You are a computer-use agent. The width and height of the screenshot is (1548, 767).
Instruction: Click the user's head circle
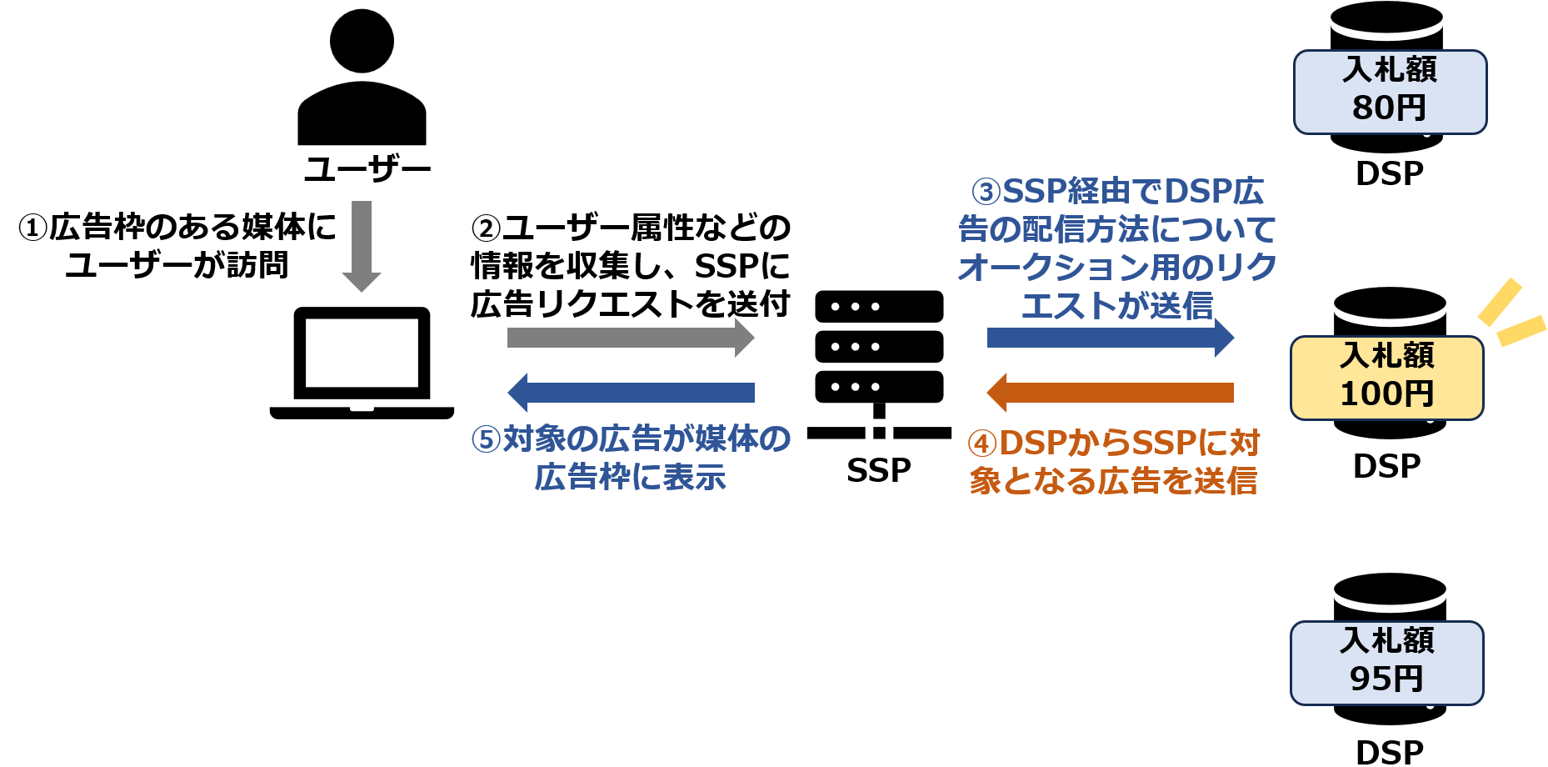pos(362,41)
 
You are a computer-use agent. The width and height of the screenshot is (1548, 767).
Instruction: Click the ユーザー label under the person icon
pos(367,169)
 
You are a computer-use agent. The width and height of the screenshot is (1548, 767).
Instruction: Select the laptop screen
pos(362,352)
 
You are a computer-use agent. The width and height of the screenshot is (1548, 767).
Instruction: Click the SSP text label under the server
pos(879,471)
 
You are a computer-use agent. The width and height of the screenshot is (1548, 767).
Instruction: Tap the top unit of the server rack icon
pos(879,307)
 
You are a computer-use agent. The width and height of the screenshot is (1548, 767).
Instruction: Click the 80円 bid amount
pos(1389,108)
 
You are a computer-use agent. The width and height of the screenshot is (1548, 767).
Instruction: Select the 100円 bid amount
pos(1386,394)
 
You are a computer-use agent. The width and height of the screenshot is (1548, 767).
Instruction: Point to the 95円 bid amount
pos(1386,679)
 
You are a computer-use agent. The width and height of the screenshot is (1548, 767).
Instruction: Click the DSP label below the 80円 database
pos(1390,173)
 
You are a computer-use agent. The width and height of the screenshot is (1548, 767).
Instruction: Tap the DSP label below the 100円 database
pos(1386,466)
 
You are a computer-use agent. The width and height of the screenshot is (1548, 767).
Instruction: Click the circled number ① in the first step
pos(32,228)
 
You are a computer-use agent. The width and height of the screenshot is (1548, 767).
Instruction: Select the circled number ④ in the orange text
pos(982,444)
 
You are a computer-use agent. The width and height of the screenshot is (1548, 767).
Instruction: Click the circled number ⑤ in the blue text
pos(486,439)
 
